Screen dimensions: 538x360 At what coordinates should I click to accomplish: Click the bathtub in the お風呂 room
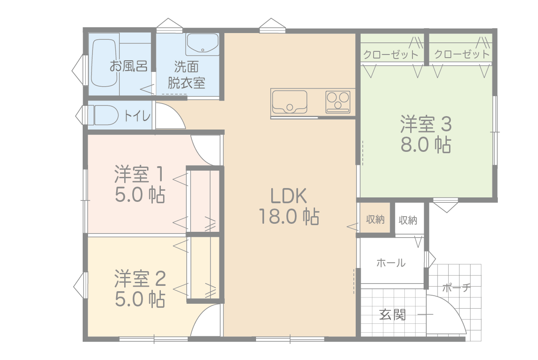pos(104,63)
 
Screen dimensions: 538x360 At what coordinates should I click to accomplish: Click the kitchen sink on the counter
pos(290,102)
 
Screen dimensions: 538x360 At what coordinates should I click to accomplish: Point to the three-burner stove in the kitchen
pos(338,102)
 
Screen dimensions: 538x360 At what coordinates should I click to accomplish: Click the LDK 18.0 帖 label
pos(289,206)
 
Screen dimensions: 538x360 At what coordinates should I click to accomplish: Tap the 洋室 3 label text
pos(426,124)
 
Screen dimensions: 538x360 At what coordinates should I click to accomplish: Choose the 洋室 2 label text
pos(140,279)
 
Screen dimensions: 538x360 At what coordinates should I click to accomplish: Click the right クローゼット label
pos(462,54)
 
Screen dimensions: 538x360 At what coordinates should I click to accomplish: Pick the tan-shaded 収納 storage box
pos(375,218)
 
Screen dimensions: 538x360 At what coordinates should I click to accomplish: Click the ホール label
pos(391,263)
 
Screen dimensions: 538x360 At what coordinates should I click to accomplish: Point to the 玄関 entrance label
pos(392,314)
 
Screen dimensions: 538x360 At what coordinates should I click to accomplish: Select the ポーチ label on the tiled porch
pos(456,288)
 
